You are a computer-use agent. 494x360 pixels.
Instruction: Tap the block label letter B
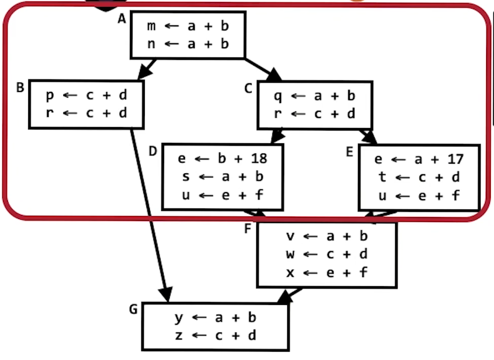click(x=20, y=87)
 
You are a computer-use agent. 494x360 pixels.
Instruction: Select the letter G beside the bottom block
click(x=133, y=309)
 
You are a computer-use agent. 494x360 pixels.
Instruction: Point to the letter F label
click(x=247, y=228)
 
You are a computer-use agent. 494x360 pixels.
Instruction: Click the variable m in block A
click(x=151, y=26)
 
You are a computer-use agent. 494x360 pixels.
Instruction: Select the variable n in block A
click(x=151, y=44)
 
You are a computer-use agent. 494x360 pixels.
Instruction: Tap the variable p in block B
click(x=49, y=96)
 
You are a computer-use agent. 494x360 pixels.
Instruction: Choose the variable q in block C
click(x=278, y=97)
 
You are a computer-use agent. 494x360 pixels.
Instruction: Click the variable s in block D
click(x=185, y=177)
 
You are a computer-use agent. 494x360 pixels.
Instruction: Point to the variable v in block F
click(x=290, y=236)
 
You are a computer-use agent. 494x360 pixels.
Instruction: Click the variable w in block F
click(x=290, y=254)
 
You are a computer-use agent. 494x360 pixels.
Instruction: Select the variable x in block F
click(x=290, y=272)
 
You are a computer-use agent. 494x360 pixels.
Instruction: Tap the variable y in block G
click(x=179, y=318)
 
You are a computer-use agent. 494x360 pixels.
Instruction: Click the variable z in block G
click(x=179, y=336)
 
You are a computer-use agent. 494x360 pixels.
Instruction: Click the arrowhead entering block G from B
click(x=166, y=294)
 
